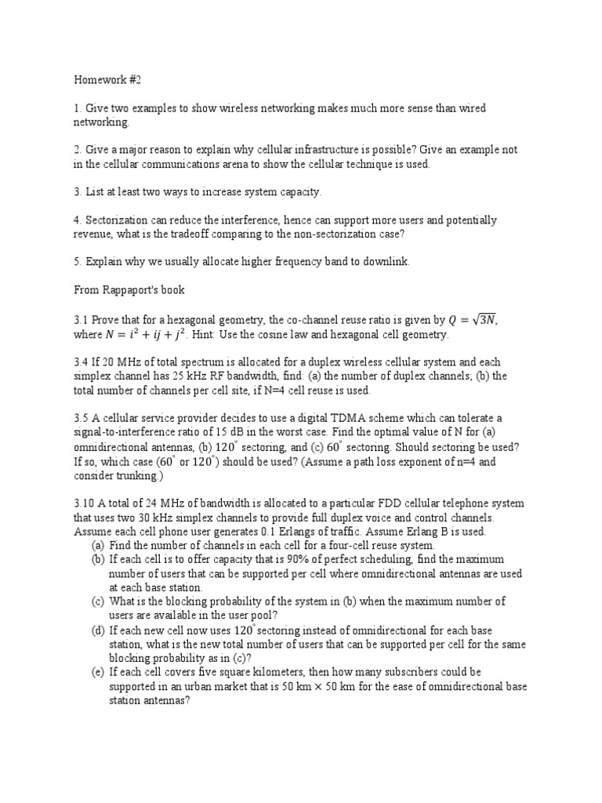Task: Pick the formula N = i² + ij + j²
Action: [x=162, y=335]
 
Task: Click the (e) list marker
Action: [x=98, y=673]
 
